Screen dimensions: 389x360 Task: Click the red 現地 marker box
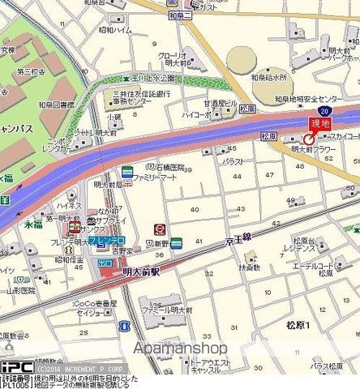click(320, 123)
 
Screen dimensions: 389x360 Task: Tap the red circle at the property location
click(309, 139)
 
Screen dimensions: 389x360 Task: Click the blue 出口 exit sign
click(105, 263)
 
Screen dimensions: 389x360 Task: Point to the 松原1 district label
click(298, 326)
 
